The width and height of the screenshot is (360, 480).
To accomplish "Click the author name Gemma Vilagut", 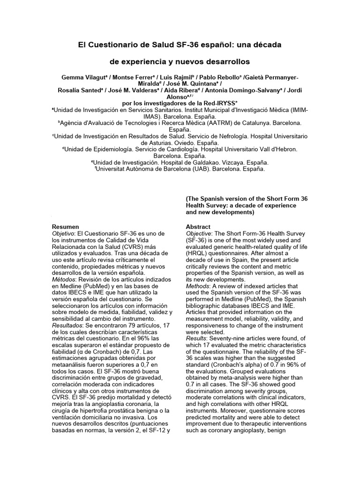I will point(79,77).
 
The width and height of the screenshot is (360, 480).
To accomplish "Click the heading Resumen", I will point(65,226).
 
